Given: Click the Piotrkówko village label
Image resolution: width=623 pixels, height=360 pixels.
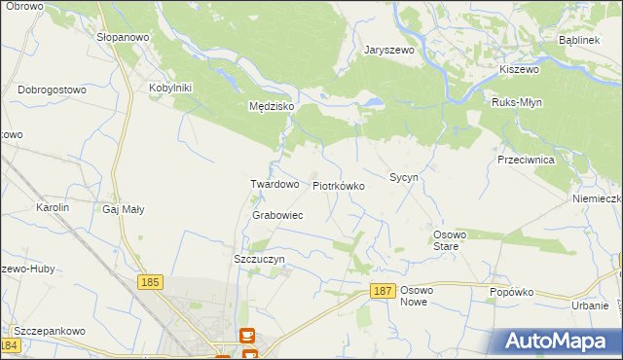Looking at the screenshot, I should (x=338, y=185).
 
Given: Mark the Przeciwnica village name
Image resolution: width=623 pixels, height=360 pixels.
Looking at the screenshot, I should (x=525, y=159).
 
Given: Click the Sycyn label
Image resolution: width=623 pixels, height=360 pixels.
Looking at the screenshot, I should (x=403, y=178).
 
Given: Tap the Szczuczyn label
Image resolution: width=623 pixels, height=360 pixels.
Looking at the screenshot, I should (x=259, y=260).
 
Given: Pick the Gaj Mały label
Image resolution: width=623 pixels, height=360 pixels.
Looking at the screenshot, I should (x=125, y=208).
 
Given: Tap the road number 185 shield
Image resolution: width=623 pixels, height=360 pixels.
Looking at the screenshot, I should (x=149, y=282).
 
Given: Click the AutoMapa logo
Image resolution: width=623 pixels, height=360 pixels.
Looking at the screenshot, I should (x=556, y=342).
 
